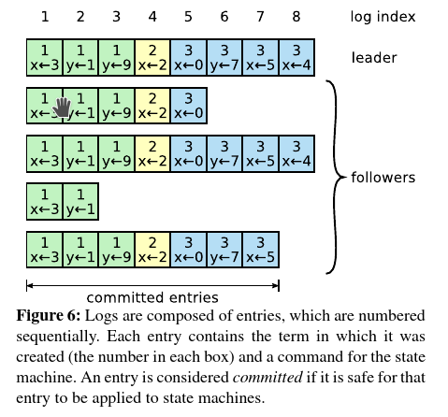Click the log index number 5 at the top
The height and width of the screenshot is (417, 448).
pos(188,17)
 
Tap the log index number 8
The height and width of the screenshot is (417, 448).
pos(296,17)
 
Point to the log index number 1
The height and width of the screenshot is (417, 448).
pos(44,17)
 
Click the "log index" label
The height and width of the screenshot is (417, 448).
pos(383,17)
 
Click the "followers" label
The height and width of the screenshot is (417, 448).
pos(383,177)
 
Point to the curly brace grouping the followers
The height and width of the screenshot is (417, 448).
pos(333,177)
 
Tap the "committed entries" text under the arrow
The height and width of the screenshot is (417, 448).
pos(152,299)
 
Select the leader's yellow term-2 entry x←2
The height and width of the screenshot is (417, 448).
pos(152,58)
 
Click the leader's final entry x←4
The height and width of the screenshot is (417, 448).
pos(296,58)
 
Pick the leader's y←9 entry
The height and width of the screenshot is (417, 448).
pos(116,58)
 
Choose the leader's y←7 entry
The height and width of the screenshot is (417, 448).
pos(224,58)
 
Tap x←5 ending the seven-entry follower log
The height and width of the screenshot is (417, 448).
pos(260,252)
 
